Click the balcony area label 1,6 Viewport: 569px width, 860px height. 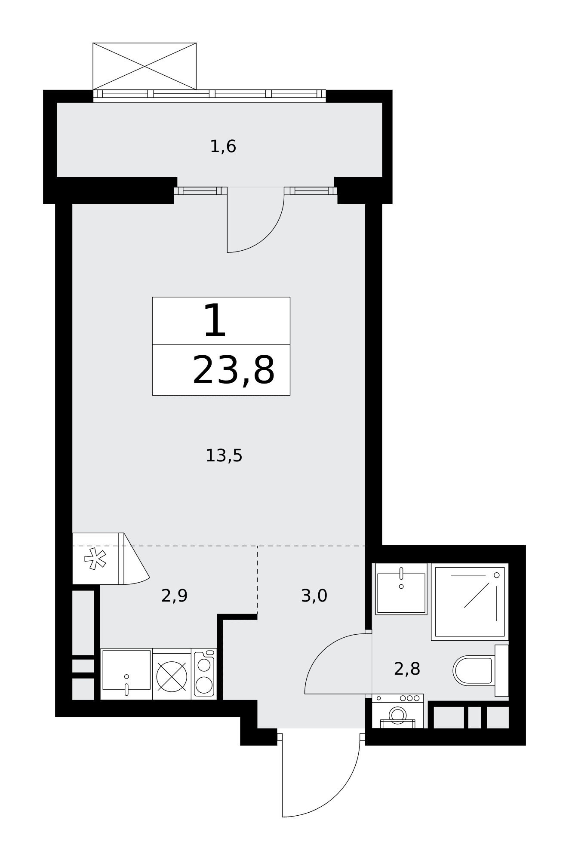click(x=223, y=147)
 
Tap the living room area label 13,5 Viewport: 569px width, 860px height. click(x=224, y=456)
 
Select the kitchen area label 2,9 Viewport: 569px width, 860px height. click(x=174, y=596)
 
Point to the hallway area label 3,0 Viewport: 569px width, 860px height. click(x=314, y=596)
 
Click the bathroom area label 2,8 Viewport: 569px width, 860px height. click(x=407, y=669)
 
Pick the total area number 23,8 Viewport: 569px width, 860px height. click(x=234, y=371)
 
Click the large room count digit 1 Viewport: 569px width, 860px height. click(x=215, y=320)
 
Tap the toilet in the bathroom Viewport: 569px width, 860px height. click(x=480, y=670)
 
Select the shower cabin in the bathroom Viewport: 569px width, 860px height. click(x=470, y=602)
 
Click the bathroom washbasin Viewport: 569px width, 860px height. click(x=401, y=589)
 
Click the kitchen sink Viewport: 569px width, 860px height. click(x=126, y=674)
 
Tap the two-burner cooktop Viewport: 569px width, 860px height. click(x=204, y=674)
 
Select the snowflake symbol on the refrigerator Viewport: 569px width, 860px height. click(x=95, y=559)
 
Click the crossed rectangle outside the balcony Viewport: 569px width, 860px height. click(x=145, y=66)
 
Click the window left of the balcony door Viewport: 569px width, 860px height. click(x=200, y=191)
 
